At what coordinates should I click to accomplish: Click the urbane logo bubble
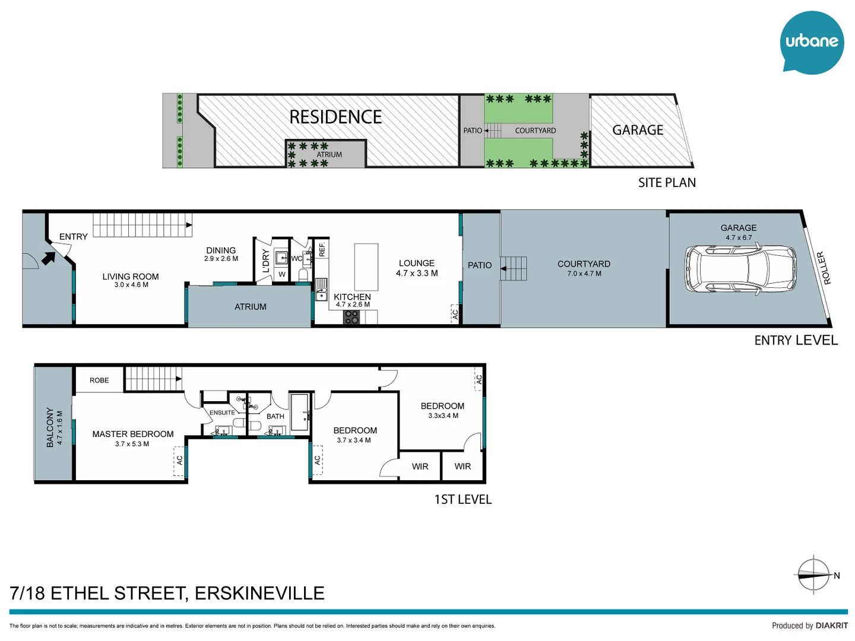coord(811,42)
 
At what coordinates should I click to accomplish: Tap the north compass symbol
coord(813,575)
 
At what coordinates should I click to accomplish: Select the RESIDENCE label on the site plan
coord(335,117)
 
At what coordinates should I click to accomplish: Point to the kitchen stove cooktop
coord(351,318)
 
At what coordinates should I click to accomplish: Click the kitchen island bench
coord(366,266)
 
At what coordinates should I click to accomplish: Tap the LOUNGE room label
coord(417,263)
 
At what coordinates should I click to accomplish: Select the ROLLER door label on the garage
coord(822,268)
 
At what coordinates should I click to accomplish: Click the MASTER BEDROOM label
coord(133,434)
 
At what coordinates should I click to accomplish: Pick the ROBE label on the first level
coord(99,380)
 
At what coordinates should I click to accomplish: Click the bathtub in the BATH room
coord(300,412)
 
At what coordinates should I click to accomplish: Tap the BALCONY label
coord(50,427)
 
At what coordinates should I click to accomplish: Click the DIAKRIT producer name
coord(831,626)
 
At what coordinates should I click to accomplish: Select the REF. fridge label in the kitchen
coord(322,249)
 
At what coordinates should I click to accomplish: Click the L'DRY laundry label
coord(265,261)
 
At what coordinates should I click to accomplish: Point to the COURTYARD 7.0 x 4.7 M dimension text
coord(584,274)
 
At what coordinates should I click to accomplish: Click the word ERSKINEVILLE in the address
coord(259,593)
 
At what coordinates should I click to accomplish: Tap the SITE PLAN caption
coord(667,183)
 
